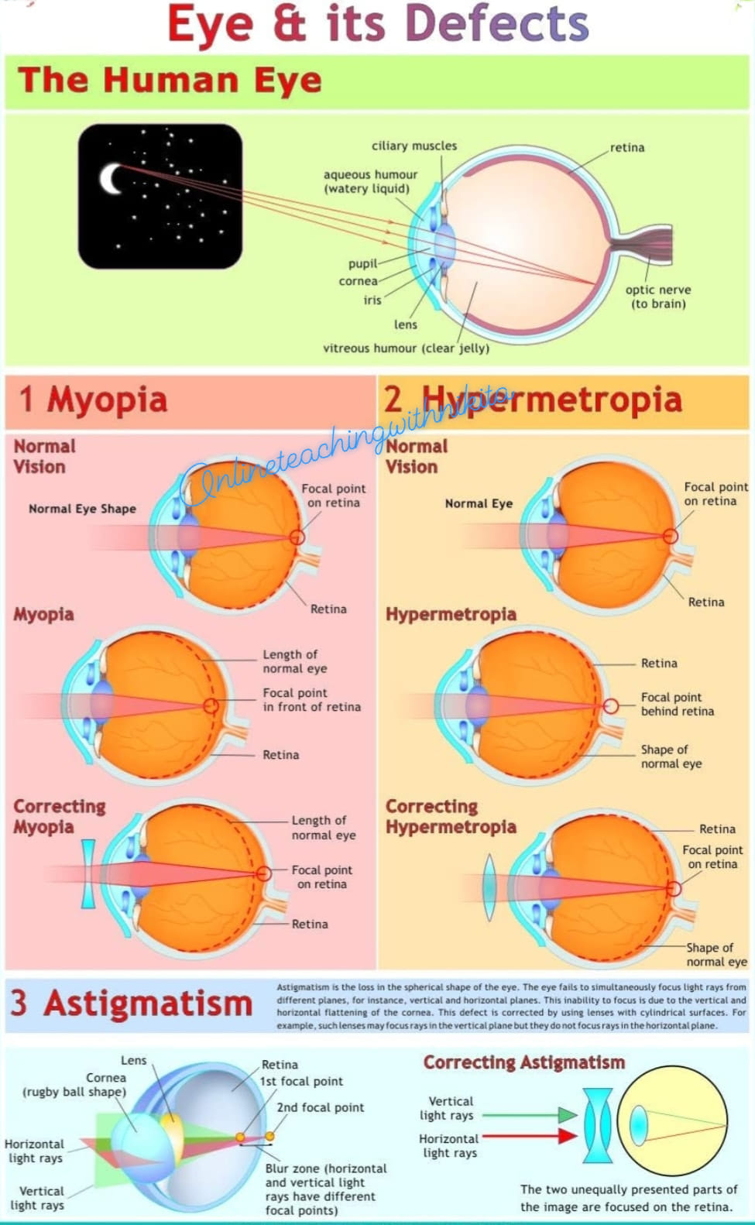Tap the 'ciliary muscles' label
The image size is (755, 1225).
(414, 146)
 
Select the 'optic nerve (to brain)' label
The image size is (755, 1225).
(658, 297)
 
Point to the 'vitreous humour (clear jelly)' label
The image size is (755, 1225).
(406, 348)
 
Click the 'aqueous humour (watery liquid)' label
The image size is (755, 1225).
(370, 181)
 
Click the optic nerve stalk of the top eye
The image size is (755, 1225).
(643, 245)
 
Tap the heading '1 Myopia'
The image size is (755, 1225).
(93, 400)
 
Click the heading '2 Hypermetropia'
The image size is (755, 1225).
(533, 400)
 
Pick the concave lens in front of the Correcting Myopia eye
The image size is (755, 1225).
(88, 874)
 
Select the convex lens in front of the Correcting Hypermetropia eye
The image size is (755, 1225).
(489, 887)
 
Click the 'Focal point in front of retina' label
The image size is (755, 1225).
(311, 700)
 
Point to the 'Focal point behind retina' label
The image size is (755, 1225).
(678, 705)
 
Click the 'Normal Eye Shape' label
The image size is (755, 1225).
(82, 510)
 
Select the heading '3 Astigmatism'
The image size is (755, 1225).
(131, 1004)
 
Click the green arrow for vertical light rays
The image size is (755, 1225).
(530, 1115)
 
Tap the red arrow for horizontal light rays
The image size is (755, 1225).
(530, 1137)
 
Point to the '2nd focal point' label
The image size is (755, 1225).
(320, 1107)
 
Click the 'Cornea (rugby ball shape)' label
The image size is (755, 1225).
(74, 1085)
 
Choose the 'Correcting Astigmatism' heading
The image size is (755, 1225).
(523, 1062)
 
